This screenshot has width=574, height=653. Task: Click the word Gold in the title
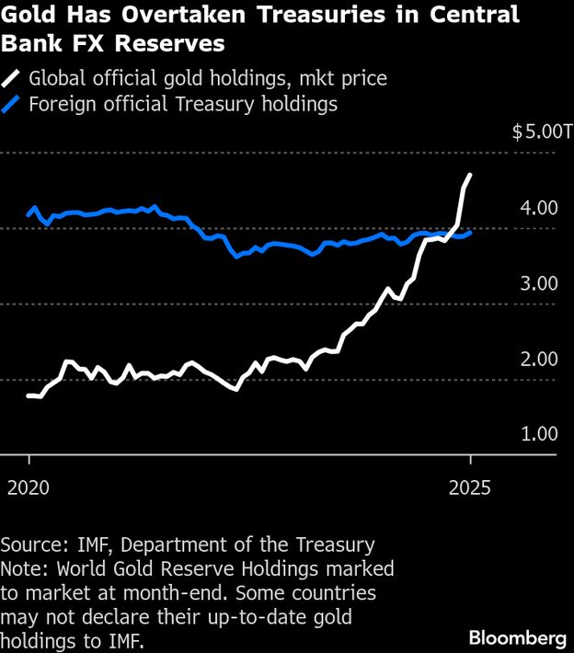pyautogui.click(x=31, y=16)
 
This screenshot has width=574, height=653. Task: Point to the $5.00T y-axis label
pyautogui.click(x=542, y=132)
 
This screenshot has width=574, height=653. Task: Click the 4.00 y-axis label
pyautogui.click(x=538, y=208)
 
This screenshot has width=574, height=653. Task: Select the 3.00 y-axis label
pyautogui.click(x=538, y=283)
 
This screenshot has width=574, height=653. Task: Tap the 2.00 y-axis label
pyautogui.click(x=538, y=359)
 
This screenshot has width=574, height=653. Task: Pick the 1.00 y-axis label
pyautogui.click(x=538, y=434)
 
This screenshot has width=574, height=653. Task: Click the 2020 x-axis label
pyautogui.click(x=29, y=487)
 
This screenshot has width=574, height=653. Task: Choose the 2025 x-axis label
pyautogui.click(x=469, y=487)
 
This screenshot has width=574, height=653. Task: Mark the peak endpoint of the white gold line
pyautogui.click(x=470, y=175)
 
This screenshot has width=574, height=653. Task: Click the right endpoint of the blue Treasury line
pyautogui.click(x=470, y=233)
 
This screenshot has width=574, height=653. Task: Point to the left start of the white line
pyautogui.click(x=29, y=395)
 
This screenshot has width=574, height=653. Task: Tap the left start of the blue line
pyautogui.click(x=29, y=215)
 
